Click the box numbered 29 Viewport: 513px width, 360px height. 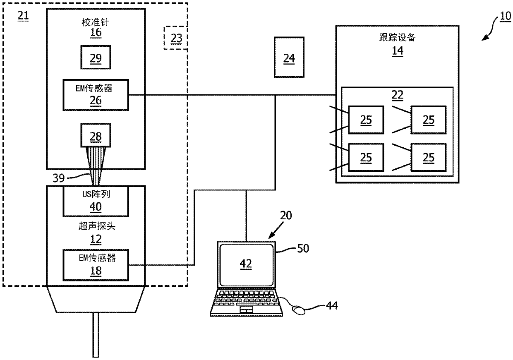(96, 57)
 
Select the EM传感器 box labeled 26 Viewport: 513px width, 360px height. (96, 95)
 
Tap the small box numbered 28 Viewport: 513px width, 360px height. (96, 135)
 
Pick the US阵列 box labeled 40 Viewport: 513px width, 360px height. (96, 202)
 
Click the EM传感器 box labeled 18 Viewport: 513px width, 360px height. (96, 265)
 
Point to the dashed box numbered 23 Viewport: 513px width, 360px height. (176, 38)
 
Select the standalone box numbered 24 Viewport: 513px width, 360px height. (289, 57)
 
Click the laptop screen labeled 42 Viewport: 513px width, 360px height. (246, 264)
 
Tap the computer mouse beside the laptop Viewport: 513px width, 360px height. (299, 310)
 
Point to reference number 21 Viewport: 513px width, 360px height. (23, 16)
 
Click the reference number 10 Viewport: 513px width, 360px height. (505, 16)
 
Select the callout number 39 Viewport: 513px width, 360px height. (59, 178)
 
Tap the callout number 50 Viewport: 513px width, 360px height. (303, 248)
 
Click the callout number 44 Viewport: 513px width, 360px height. (332, 305)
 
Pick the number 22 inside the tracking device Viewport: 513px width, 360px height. (397, 95)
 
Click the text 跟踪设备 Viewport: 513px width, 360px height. (397, 37)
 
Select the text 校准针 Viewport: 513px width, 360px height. (96, 22)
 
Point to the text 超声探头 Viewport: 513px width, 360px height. (97, 226)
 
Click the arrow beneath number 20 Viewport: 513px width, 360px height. (276, 230)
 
